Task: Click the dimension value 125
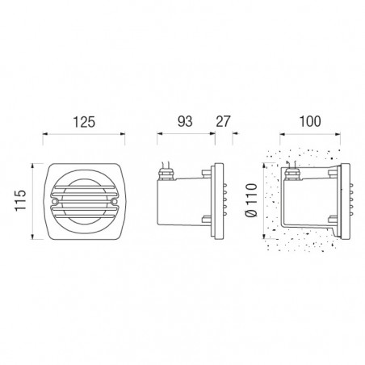point(84,122)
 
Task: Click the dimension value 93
point(185,121)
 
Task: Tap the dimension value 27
point(223,121)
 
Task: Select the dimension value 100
point(310,121)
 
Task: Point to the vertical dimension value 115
point(20,200)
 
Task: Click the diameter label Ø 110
point(252,200)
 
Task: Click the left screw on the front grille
point(55,201)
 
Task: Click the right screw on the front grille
point(114,201)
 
